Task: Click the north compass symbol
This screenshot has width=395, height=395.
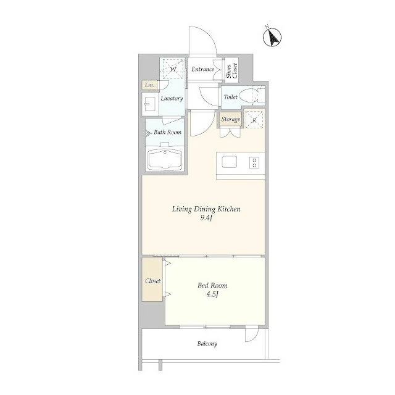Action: tap(272, 37)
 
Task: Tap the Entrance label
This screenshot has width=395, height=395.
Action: tap(203, 69)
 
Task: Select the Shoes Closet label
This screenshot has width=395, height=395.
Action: tap(232, 70)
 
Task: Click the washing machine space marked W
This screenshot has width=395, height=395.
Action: tap(173, 69)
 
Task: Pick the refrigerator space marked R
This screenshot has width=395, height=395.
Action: tap(254, 120)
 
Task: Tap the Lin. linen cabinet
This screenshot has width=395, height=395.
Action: tap(149, 85)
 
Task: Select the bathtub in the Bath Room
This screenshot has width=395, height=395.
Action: tap(165, 160)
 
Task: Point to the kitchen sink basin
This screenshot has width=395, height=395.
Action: tap(229, 162)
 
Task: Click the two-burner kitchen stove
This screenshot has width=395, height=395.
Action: tap(254, 162)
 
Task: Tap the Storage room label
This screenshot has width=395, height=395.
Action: tap(231, 119)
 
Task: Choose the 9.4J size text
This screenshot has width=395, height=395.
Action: tap(206, 218)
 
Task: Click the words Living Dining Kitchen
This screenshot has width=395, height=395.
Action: tap(206, 209)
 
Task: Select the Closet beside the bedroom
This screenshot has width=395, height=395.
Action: tap(152, 280)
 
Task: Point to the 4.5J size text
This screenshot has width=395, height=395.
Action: tap(212, 294)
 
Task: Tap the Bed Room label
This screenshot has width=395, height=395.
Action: tap(212, 285)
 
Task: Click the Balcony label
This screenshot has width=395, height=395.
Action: tap(207, 344)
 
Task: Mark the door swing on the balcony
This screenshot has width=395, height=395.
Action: tap(252, 334)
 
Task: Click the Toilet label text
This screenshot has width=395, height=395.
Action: tap(230, 97)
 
